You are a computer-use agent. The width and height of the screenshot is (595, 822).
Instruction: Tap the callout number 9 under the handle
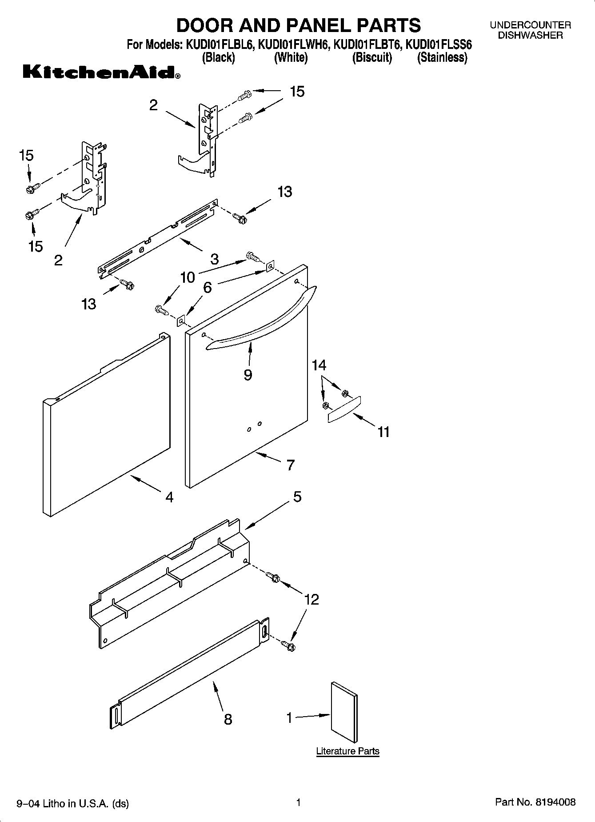point(248,375)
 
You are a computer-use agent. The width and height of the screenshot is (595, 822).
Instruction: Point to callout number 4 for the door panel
point(169,497)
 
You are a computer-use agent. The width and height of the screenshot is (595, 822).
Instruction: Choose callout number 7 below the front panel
point(290,465)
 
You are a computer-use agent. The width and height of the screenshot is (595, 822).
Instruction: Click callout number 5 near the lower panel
point(297,497)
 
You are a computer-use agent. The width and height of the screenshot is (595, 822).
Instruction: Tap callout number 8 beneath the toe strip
point(228,719)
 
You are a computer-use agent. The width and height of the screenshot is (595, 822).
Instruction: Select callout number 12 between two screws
point(311,599)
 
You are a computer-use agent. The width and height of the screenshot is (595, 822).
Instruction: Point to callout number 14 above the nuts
point(319,365)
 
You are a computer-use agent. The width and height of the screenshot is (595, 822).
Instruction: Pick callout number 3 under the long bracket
point(215,259)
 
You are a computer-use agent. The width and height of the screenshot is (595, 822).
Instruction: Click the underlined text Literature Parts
point(347,751)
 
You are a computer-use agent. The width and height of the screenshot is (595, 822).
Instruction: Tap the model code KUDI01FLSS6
point(439,45)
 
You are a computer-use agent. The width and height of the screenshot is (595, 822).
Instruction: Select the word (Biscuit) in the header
point(372,58)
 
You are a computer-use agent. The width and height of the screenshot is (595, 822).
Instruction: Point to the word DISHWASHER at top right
point(530,36)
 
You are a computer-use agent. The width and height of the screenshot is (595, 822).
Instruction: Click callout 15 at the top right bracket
point(297,92)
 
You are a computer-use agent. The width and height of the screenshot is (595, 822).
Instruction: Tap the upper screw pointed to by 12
point(272,577)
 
